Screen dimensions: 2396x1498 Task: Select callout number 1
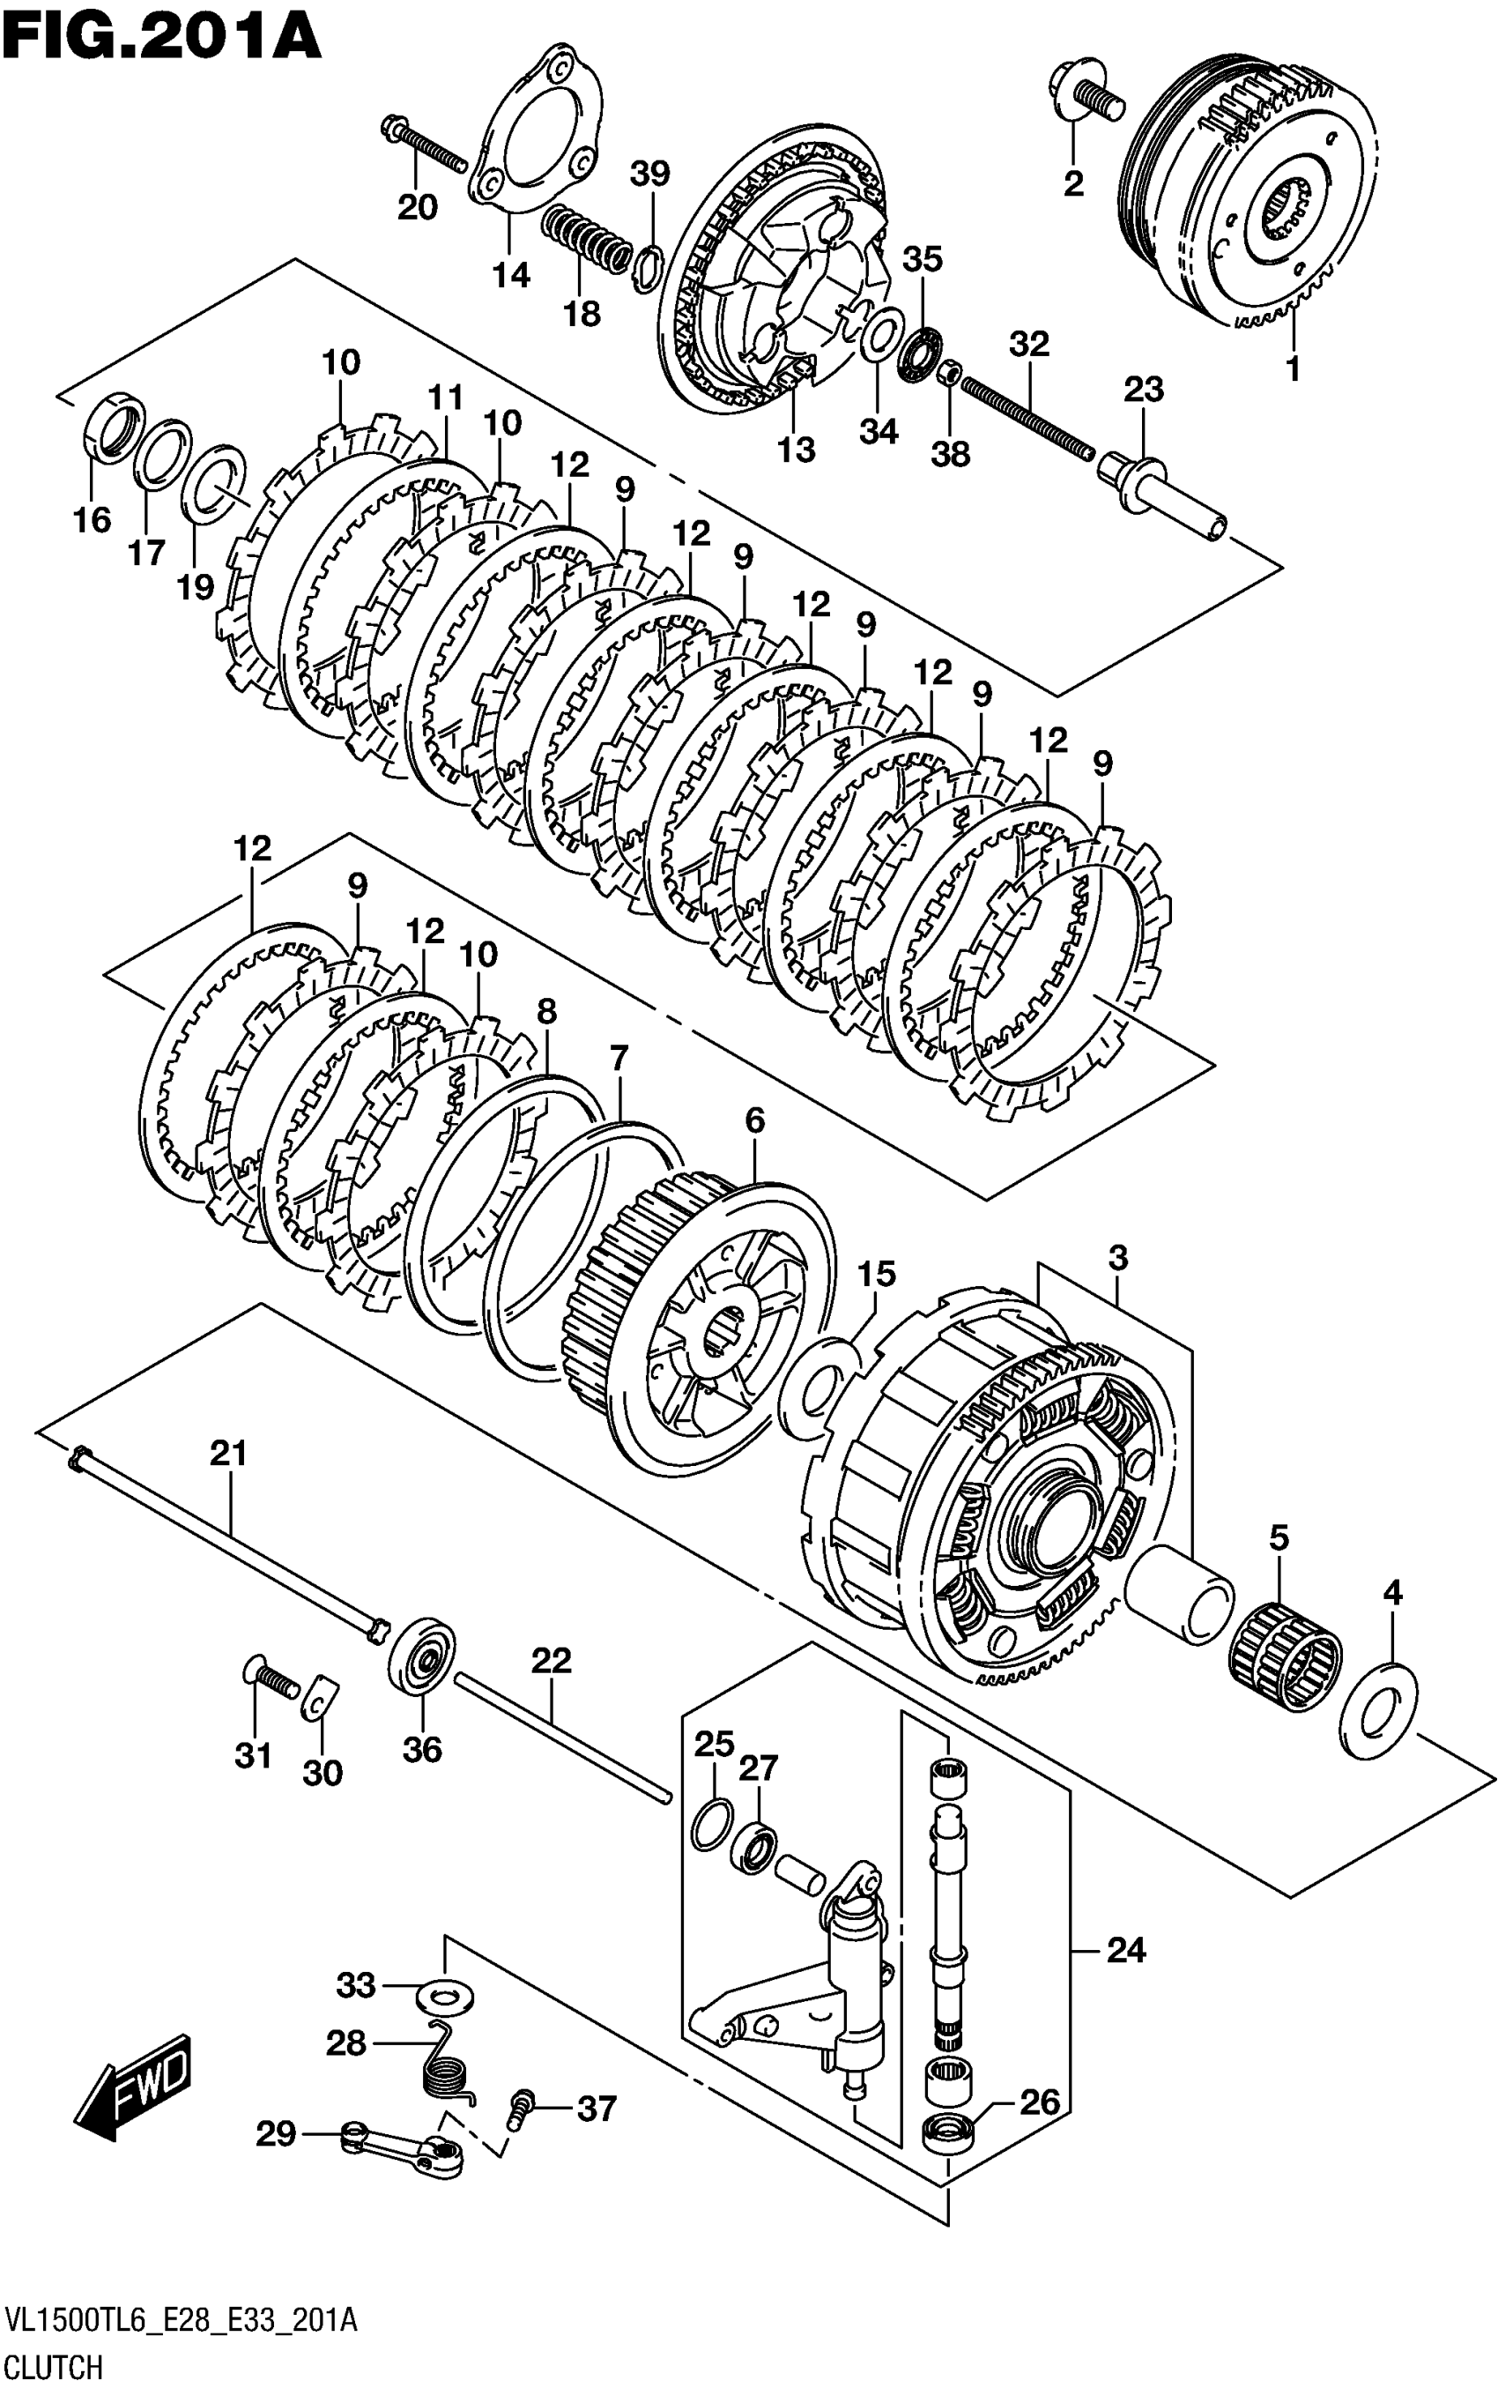[x=1292, y=369]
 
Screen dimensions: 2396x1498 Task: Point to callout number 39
[x=650, y=175]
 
